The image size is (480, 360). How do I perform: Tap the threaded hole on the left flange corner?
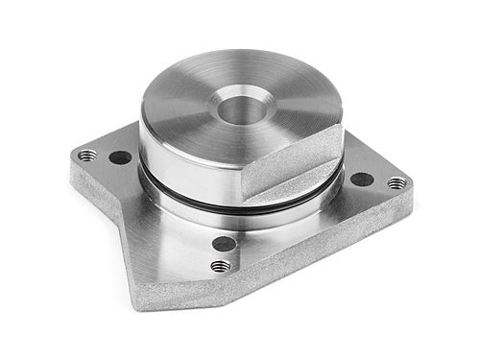[x=87, y=154]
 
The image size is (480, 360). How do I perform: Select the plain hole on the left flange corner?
[x=120, y=157]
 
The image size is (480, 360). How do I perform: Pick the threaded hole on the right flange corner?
[x=396, y=182]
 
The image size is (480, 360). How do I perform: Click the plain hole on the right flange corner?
[x=362, y=179]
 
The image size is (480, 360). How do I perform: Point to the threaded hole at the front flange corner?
[x=221, y=266]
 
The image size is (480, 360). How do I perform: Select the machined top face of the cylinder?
[x=192, y=96]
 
